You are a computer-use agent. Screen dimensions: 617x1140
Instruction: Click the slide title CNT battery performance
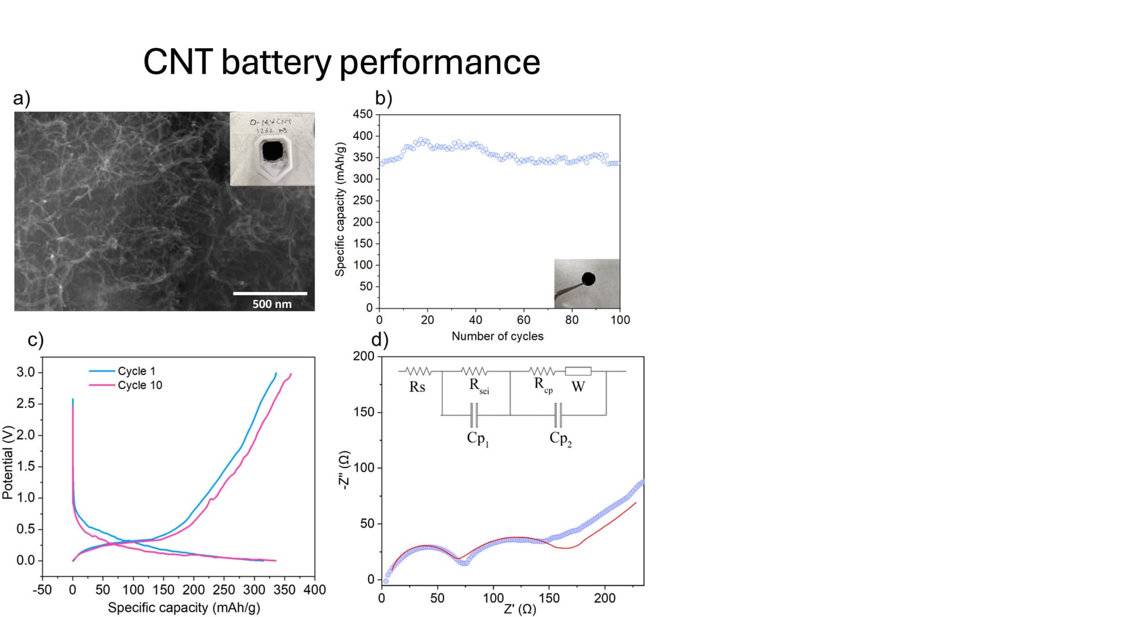(x=341, y=62)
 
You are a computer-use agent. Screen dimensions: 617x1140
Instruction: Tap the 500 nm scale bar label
(x=272, y=304)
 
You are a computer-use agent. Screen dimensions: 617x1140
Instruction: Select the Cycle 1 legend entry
(x=136, y=371)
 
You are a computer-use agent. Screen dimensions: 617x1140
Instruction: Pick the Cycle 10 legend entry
(x=140, y=385)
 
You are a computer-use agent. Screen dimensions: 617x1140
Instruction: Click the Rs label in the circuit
(x=417, y=387)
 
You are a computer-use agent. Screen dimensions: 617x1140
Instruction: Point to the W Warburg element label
(x=578, y=387)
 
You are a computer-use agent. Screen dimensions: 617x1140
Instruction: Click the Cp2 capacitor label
(x=560, y=439)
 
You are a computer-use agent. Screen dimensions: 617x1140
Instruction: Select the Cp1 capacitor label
(x=477, y=439)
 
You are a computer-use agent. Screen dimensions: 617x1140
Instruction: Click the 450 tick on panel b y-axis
(x=363, y=114)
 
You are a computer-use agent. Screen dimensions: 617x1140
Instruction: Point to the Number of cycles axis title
(x=497, y=336)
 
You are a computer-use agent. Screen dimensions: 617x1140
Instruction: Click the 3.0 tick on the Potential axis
(x=26, y=372)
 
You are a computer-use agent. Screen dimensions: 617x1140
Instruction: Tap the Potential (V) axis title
(x=8, y=462)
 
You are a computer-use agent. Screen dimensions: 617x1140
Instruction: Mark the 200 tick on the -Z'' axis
(x=363, y=356)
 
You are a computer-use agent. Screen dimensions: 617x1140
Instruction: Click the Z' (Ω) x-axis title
(x=520, y=609)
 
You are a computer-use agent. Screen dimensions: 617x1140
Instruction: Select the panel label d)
(x=380, y=340)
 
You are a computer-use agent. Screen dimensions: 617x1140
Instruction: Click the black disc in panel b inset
(x=588, y=279)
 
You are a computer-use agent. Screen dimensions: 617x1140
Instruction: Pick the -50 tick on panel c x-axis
(x=42, y=590)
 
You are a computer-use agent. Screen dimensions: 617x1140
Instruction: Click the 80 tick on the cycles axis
(x=572, y=319)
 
